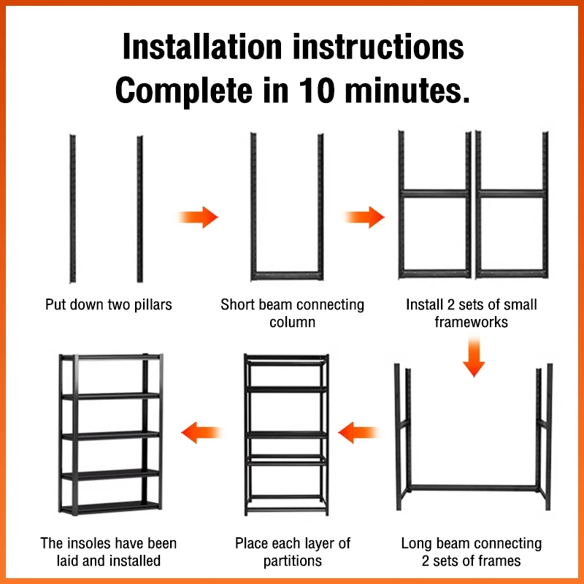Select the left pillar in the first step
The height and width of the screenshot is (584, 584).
click(72, 208)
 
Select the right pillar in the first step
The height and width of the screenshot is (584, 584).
click(139, 208)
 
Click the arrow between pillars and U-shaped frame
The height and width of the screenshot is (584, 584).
click(198, 217)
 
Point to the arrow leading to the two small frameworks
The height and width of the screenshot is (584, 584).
click(364, 217)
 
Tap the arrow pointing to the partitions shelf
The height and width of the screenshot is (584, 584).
click(357, 431)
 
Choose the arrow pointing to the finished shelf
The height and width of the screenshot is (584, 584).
click(201, 431)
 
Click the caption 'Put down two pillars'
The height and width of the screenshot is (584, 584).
click(109, 304)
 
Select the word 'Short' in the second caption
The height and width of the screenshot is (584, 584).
click(239, 304)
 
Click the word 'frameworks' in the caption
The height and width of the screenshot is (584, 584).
click(471, 322)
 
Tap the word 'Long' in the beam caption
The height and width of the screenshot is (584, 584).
click(417, 543)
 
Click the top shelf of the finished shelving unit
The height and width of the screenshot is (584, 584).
click(109, 358)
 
